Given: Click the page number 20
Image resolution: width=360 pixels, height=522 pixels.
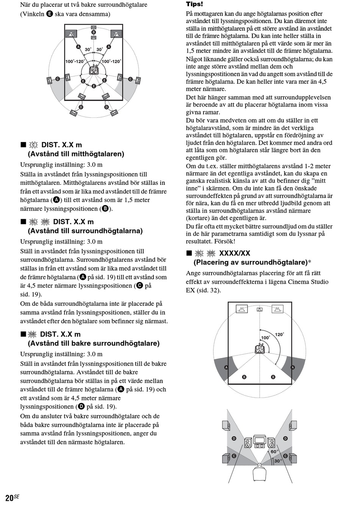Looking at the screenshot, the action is coord(9,497).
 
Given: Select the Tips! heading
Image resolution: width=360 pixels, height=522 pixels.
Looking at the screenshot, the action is coord(194,4).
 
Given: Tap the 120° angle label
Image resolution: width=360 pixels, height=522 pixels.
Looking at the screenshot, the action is coord(279,334).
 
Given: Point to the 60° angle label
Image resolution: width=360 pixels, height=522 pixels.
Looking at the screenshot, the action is coord(274,452).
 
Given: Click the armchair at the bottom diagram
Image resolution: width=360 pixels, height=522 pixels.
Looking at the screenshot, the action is coord(259,473).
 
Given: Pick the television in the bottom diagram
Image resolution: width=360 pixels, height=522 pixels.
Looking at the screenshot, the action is coord(260,440).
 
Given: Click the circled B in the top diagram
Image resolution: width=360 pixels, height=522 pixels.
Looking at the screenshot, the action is coord(94,32).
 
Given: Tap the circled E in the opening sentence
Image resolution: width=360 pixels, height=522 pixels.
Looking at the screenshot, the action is coord(50,14).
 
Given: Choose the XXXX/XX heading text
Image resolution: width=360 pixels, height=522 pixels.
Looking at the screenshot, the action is coord(235,253).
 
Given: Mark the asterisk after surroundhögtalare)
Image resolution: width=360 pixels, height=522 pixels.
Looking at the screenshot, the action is coord(309,262).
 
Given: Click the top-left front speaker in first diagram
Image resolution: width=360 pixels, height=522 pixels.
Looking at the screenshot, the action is coord(71,34).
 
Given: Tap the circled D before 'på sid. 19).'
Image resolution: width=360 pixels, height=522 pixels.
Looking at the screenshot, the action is coord(81,406).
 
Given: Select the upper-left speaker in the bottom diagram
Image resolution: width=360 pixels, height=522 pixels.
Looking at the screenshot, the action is coord(226,425).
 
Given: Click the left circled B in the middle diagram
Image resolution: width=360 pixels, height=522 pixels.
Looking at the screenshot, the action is coord(244,377).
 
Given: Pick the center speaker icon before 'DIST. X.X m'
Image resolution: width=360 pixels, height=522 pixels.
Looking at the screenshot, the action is coord(34,145).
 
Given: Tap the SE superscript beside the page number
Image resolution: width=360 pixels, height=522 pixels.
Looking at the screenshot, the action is coord(16,496).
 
